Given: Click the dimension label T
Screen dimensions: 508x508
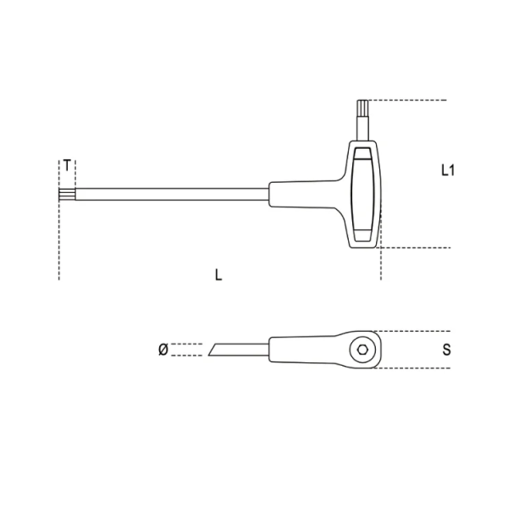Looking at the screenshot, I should pos(67,166).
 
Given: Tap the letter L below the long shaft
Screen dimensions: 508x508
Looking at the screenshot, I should pos(218,275).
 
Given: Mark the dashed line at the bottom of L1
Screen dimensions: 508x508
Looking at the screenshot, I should pos(415,248).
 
